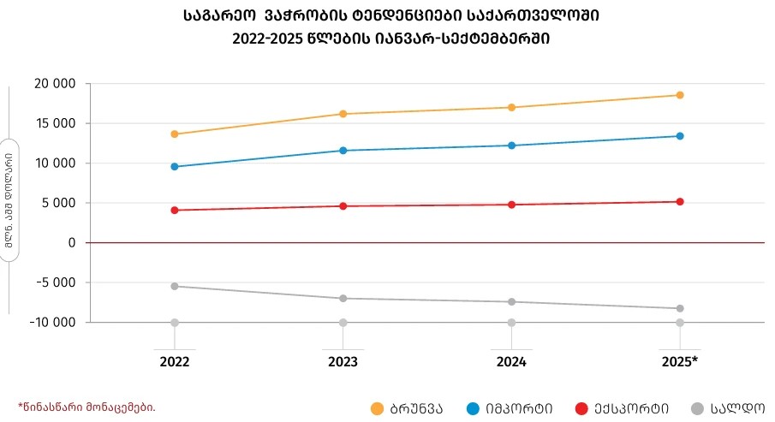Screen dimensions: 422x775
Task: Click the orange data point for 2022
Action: click(175, 134)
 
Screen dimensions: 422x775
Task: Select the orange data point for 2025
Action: click(680, 95)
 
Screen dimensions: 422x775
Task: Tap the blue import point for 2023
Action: click(343, 151)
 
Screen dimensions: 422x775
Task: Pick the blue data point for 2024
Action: click(512, 146)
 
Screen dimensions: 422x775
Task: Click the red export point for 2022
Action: click(175, 210)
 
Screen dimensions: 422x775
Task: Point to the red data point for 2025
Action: click(680, 202)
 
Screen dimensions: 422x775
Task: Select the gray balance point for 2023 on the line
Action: click(343, 298)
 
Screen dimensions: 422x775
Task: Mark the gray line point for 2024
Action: click(512, 301)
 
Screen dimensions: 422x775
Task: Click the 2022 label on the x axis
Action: click(175, 361)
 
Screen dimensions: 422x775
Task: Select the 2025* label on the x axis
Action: click(680, 361)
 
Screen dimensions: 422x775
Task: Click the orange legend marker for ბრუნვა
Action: click(377, 408)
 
